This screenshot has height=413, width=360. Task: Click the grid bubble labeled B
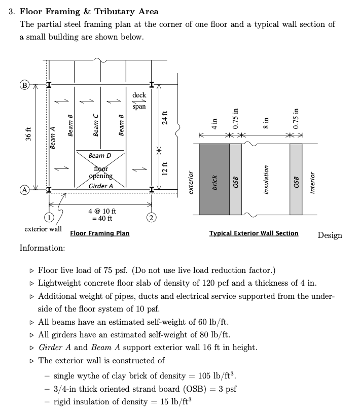[x=23, y=84]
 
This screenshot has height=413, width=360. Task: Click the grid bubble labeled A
[x=23, y=190]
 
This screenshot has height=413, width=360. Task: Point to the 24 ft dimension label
[x=164, y=116]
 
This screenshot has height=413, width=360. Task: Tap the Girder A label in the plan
[x=100, y=186]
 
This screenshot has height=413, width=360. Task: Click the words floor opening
[x=100, y=172]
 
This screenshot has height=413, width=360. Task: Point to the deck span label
[x=139, y=100]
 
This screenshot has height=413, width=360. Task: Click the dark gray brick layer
[x=214, y=179]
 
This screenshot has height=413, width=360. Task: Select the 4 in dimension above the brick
[x=214, y=124]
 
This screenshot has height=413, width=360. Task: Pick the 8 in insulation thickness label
[x=265, y=124]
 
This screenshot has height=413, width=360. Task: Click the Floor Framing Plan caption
[x=99, y=233]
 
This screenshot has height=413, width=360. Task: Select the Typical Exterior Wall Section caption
[x=254, y=233]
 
